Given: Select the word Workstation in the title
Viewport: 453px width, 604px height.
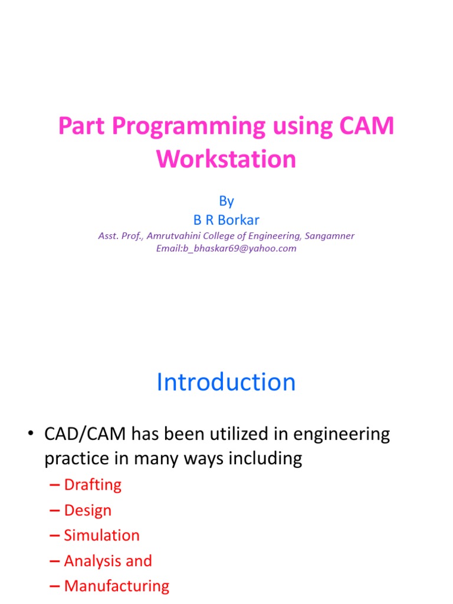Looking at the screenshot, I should click(x=226, y=159).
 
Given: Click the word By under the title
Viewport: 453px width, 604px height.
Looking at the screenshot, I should click(x=226, y=201).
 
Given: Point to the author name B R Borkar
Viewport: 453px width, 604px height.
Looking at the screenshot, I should click(x=226, y=220).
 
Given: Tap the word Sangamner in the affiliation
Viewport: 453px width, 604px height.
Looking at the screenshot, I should click(x=329, y=236).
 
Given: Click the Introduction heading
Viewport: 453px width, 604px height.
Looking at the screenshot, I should click(x=226, y=382).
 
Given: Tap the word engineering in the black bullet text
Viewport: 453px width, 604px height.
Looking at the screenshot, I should click(x=330, y=435).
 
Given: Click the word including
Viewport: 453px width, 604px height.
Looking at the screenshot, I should click(x=264, y=458).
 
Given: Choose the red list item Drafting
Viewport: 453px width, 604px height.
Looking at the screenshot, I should click(x=93, y=485).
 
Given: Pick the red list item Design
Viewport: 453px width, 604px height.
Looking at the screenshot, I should click(x=87, y=510).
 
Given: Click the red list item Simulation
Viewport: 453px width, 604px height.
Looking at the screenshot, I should click(x=101, y=536).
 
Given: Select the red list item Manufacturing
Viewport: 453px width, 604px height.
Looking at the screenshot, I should click(x=116, y=586).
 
